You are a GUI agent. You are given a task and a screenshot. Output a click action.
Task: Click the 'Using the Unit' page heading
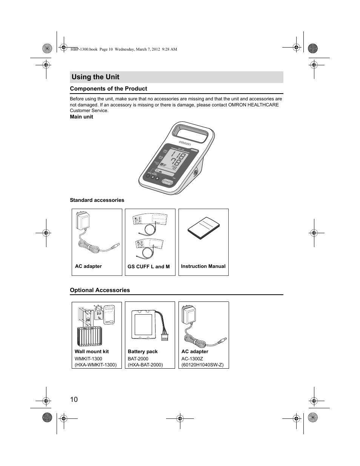click(95, 77)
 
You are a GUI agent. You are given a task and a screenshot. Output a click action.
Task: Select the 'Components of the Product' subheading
click(108, 89)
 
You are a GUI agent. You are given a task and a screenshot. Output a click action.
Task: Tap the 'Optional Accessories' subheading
click(100, 290)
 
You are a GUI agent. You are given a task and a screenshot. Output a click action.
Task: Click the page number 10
click(74, 400)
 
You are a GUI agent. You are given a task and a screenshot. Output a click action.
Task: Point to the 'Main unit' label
click(81, 117)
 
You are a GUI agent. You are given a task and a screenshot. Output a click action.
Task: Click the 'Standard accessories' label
click(97, 200)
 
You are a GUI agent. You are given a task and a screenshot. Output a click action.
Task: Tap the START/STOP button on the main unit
click(167, 182)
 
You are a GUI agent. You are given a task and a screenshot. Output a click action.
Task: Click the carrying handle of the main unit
click(191, 133)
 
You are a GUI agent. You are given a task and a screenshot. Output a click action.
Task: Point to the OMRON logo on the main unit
click(185, 144)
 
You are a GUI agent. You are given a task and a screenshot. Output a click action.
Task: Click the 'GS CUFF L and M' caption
click(149, 267)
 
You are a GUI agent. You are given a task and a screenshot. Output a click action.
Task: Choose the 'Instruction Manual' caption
click(203, 266)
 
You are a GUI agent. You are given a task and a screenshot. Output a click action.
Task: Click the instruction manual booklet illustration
click(204, 228)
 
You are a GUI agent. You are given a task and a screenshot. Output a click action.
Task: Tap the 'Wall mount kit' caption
click(92, 352)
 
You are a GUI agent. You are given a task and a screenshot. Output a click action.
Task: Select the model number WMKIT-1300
click(88, 359)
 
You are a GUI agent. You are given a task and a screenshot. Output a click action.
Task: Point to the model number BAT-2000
click(138, 359)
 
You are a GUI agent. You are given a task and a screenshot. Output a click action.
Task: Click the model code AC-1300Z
click(192, 359)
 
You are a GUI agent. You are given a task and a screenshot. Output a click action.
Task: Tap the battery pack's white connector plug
click(165, 338)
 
